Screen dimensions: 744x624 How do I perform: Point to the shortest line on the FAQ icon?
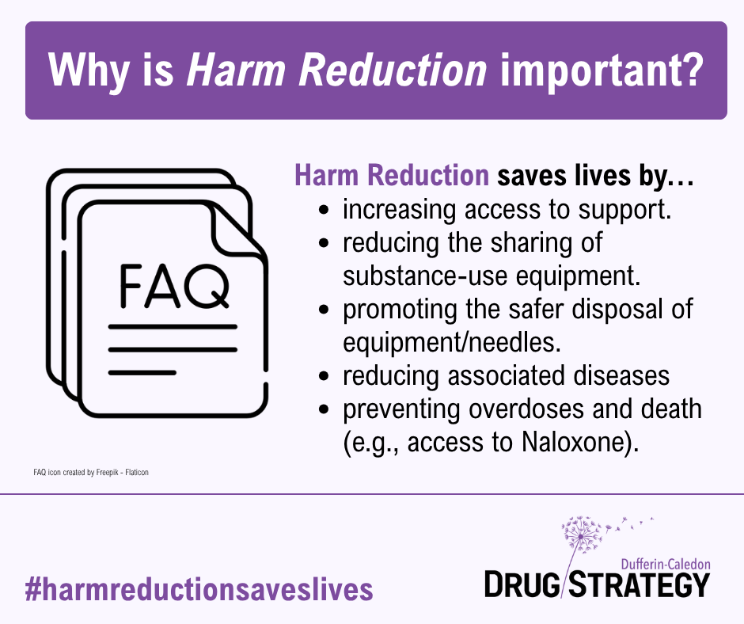click(x=142, y=373)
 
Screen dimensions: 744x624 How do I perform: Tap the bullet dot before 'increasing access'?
click(x=324, y=210)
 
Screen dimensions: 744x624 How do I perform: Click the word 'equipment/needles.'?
click(x=452, y=342)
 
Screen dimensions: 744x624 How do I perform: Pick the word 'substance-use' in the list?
click(x=424, y=276)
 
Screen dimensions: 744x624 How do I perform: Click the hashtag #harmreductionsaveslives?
click(x=199, y=589)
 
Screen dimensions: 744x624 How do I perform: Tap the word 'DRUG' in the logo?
click(x=522, y=584)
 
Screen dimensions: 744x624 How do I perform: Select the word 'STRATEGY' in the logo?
click(x=640, y=584)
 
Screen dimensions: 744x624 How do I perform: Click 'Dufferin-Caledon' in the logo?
click(x=666, y=564)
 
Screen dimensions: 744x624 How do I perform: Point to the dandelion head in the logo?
click(x=582, y=535)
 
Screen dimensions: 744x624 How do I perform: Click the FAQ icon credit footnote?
click(x=91, y=473)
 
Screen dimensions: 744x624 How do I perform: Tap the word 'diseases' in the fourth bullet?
click(x=621, y=375)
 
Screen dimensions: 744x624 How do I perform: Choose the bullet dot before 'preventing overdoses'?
click(x=324, y=409)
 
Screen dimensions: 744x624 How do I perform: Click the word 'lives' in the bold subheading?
click(x=602, y=175)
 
